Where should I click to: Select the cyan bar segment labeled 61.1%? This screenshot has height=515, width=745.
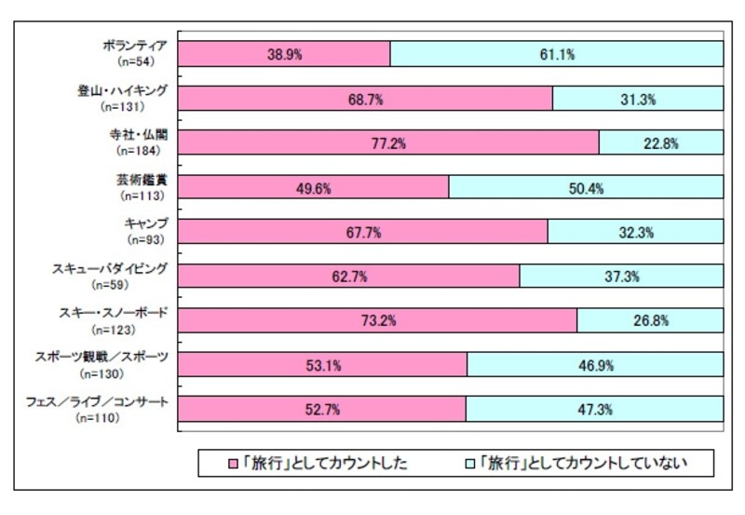(x=557, y=54)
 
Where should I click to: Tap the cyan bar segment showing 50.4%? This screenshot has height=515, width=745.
(x=586, y=187)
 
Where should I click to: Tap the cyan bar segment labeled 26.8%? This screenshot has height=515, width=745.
(x=650, y=320)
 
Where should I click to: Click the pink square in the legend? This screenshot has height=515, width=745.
(x=235, y=462)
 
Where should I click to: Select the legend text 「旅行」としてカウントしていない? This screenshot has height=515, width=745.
(x=581, y=462)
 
